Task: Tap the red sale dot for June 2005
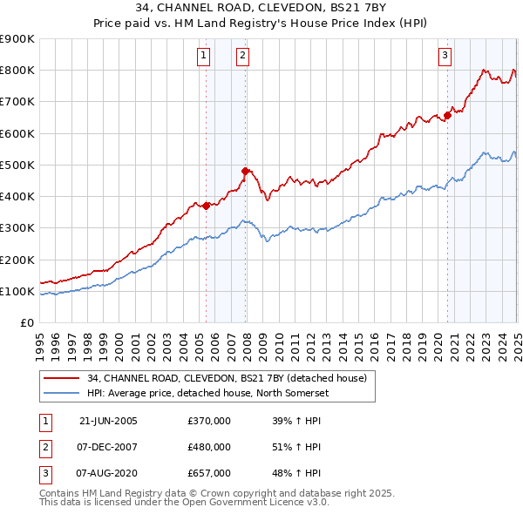[207, 206]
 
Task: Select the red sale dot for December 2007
[246, 171]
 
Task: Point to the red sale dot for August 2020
[447, 114]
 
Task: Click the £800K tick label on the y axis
[17, 71]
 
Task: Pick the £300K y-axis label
[17, 228]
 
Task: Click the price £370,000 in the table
[209, 421]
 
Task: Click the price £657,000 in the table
[209, 473]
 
